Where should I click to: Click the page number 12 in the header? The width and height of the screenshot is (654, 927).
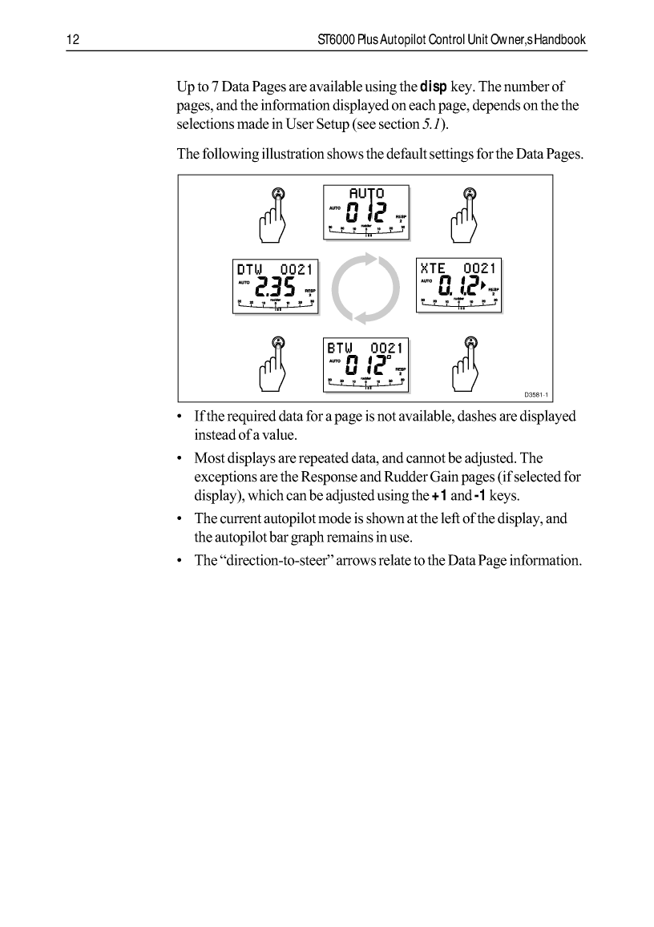coord(71,40)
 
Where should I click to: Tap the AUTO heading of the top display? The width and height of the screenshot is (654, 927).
coord(366,193)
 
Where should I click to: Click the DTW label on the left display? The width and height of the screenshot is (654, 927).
coord(248,268)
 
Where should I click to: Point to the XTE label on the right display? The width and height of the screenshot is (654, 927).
coord(434,268)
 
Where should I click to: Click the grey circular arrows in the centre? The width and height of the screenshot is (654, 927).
coord(365,288)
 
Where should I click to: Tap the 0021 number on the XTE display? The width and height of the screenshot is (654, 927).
coord(481,268)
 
